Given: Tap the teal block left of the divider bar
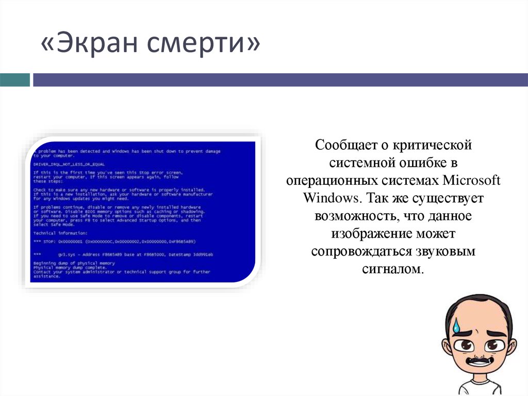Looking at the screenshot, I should coord(14,80).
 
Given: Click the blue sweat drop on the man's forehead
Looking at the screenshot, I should coord(457,325).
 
